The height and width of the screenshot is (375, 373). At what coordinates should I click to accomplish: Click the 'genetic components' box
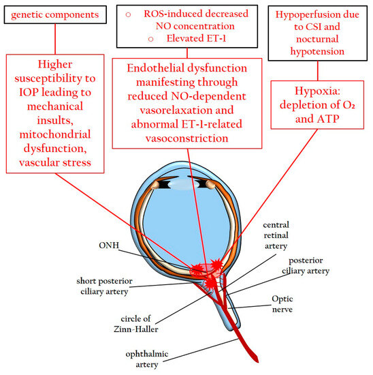pos(52,14)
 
